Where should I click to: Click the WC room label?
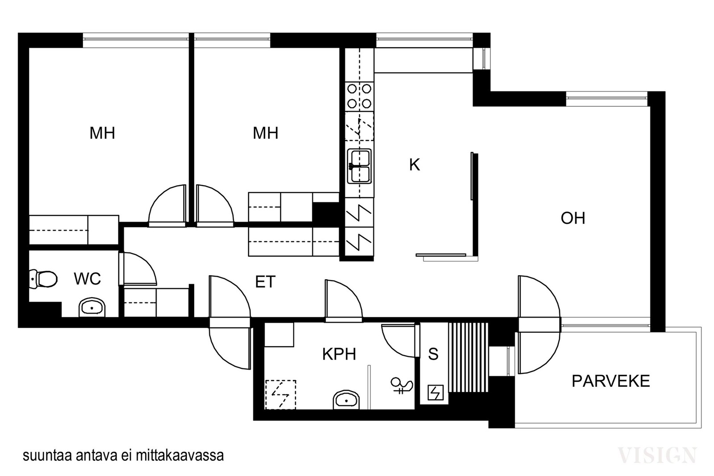tap(87, 279)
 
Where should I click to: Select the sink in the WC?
tap(92, 307)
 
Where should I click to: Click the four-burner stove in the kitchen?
tap(359, 96)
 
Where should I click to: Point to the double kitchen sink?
tap(359, 166)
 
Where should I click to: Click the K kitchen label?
tap(415, 165)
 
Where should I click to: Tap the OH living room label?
tap(573, 219)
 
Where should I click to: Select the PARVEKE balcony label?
tap(611, 381)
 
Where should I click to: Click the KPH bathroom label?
tap(339, 354)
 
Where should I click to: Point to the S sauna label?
tap(433, 354)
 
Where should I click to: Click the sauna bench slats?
tap(468, 357)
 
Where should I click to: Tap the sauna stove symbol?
tap(436, 393)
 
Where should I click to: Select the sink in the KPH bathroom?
tap(346, 400)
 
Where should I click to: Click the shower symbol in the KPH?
tap(402, 385)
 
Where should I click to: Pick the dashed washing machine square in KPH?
tap(281, 394)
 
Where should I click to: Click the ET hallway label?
tap(265, 282)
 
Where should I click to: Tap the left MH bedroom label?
tap(102, 133)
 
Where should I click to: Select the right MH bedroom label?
tap(265, 133)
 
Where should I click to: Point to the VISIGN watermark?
tap(657, 455)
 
